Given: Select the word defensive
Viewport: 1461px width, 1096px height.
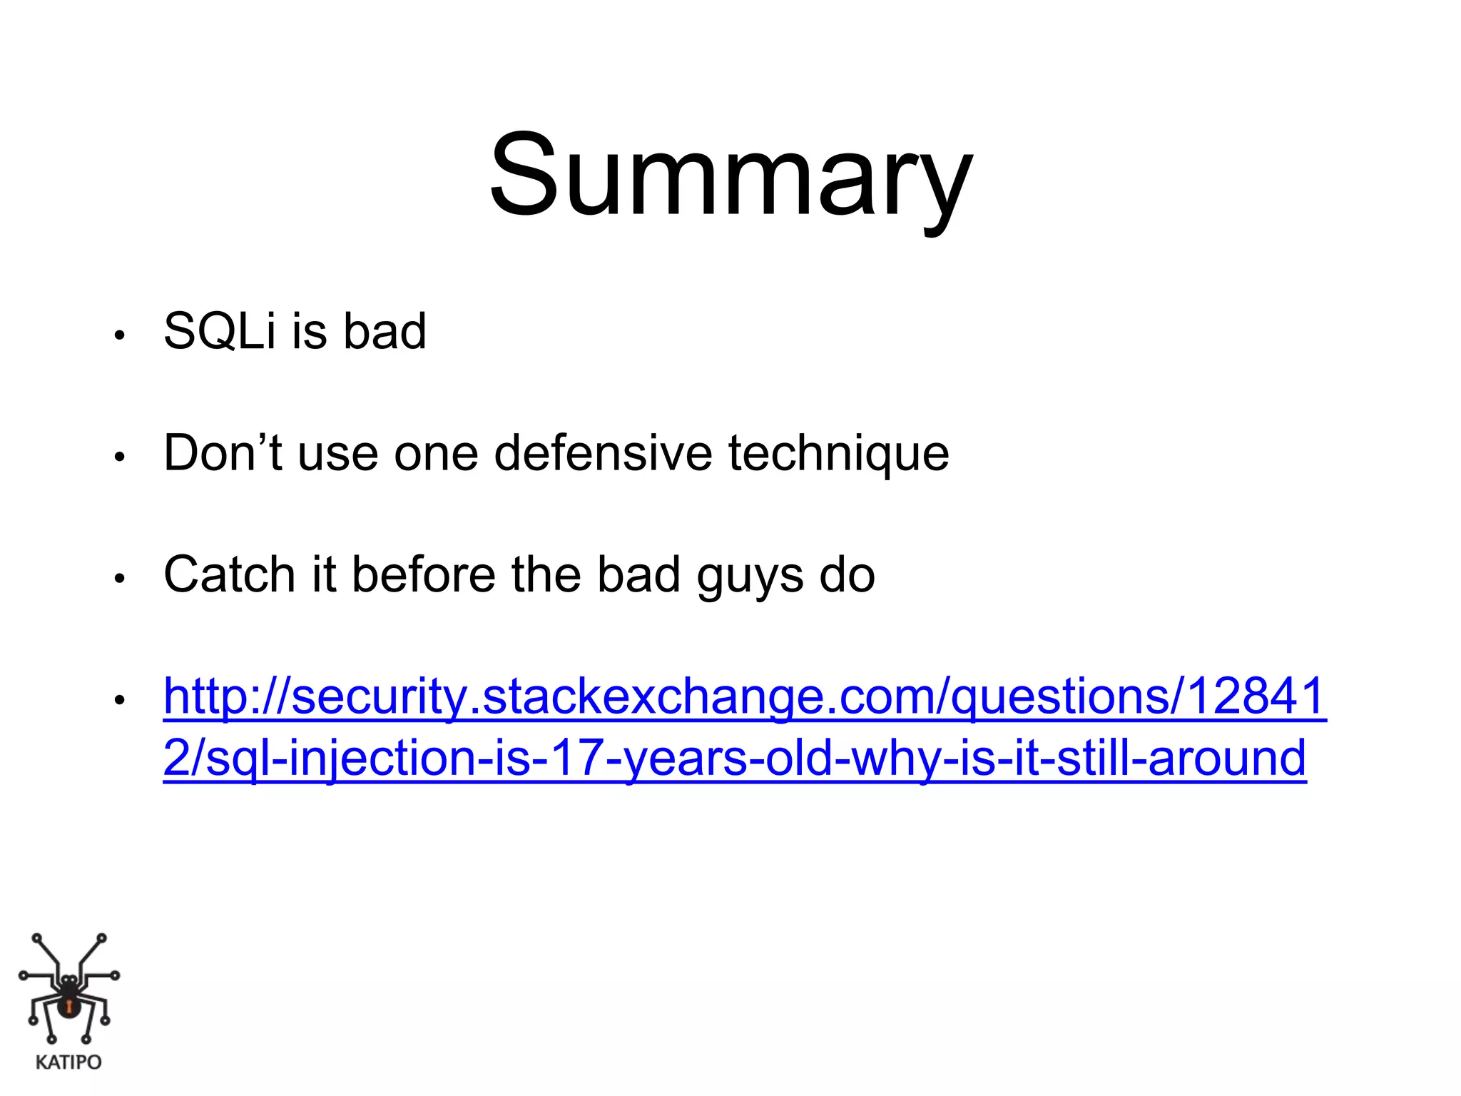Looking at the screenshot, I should click(x=603, y=453).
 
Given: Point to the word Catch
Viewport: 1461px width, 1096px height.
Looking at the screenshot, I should click(x=229, y=574).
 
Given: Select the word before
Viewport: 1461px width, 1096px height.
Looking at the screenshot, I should click(x=424, y=574).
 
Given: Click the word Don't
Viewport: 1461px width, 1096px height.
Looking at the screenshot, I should click(x=223, y=453).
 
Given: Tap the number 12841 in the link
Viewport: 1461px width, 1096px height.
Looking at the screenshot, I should click(x=1256, y=696).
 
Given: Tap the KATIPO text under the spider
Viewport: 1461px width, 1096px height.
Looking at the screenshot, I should click(x=68, y=1062).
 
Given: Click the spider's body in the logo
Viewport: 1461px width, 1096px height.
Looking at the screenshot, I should click(x=68, y=1003).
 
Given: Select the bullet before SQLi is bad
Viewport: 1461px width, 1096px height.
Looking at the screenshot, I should click(x=120, y=335).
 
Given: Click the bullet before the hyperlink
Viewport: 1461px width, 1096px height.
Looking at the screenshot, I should click(x=120, y=699).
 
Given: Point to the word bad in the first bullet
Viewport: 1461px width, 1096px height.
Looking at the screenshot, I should click(x=385, y=332).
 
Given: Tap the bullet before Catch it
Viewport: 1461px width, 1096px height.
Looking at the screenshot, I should click(x=120, y=578).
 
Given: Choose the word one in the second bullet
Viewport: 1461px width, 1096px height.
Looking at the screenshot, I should click(x=436, y=455).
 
